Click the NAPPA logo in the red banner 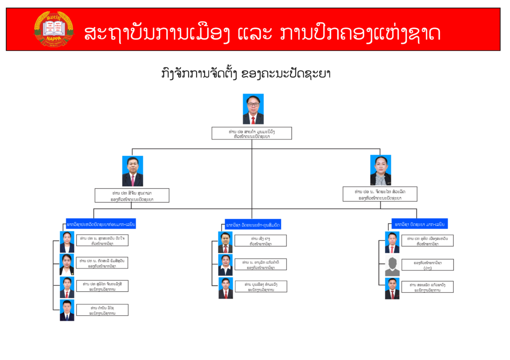coord(53,29)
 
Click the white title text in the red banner coord(262,32)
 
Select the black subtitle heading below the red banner coord(246,73)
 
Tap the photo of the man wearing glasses coord(253,109)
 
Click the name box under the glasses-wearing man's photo coord(252,133)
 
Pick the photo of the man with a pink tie coord(132,171)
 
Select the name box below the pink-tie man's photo coord(132,195)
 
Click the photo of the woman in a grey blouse coord(381,170)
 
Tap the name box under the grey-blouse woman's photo coord(380,194)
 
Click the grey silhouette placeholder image coord(392,266)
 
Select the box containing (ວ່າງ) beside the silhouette coord(427,264)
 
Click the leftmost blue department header coord(101,225)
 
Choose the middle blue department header coord(253,225)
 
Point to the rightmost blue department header coord(419,225)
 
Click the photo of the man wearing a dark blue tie coord(67,310)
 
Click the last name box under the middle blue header coord(261,286)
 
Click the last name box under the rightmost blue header coord(427,287)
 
